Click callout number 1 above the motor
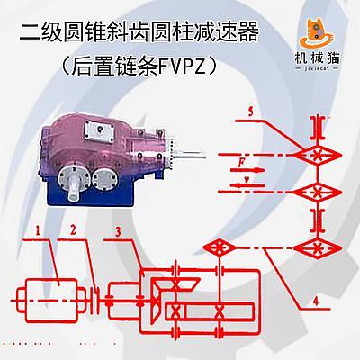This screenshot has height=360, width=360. [x=38, y=230]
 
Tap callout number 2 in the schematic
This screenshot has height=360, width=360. [x=73, y=229]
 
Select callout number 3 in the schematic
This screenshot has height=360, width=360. [x=118, y=231]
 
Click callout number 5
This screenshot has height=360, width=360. [x=251, y=112]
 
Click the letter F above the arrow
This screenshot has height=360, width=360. [x=242, y=163]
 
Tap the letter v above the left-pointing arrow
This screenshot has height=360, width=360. [x=247, y=179]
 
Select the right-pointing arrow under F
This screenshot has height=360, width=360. [x=247, y=170]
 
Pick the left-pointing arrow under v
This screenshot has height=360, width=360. [x=248, y=185]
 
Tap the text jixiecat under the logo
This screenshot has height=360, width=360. [x=317, y=68]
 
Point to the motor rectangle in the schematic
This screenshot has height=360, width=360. [x=51, y=301]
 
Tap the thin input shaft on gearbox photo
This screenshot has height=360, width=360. [x=189, y=155]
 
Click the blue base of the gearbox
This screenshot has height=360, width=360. [x=90, y=191]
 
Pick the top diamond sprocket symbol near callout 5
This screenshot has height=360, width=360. [x=318, y=156]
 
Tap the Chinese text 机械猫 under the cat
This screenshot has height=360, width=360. [x=317, y=58]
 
